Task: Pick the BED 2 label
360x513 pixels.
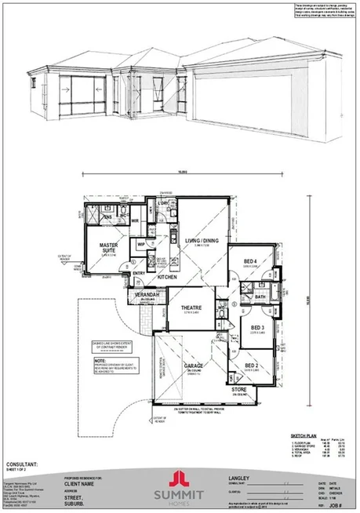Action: click(x=251, y=366)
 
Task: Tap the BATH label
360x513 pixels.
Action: click(x=259, y=297)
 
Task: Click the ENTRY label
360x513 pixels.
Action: click(x=140, y=273)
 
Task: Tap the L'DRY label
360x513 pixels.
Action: click(x=162, y=204)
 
